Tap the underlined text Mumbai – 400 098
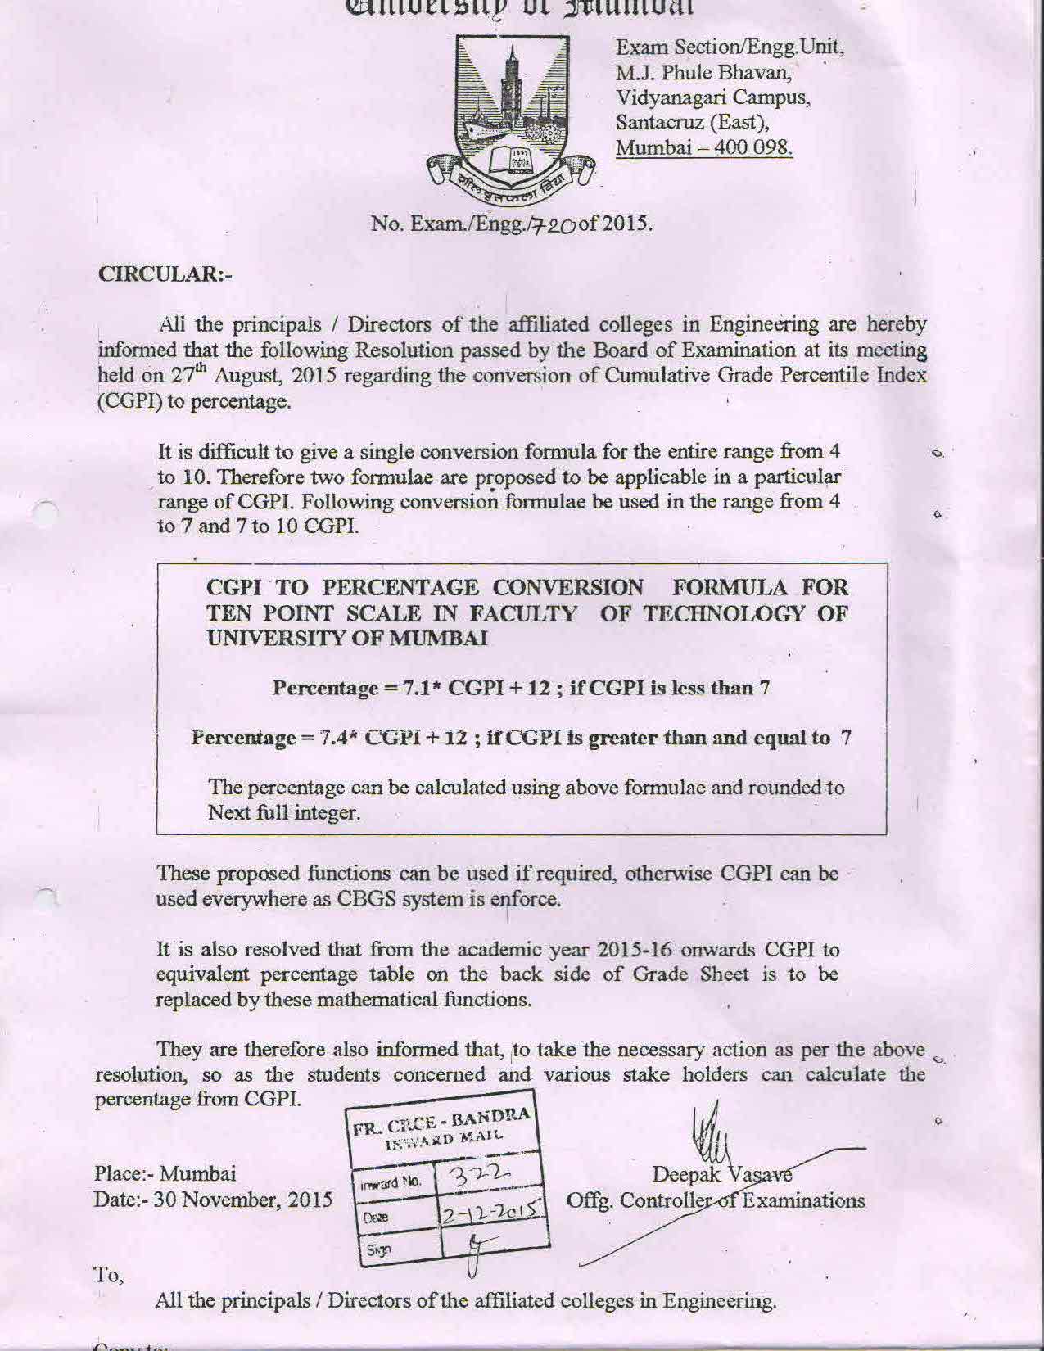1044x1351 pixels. tap(703, 148)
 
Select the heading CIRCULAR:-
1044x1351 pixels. tap(165, 273)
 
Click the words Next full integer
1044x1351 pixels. tap(284, 813)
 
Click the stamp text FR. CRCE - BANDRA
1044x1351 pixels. tap(442, 1121)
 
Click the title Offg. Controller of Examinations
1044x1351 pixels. tap(716, 1200)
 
